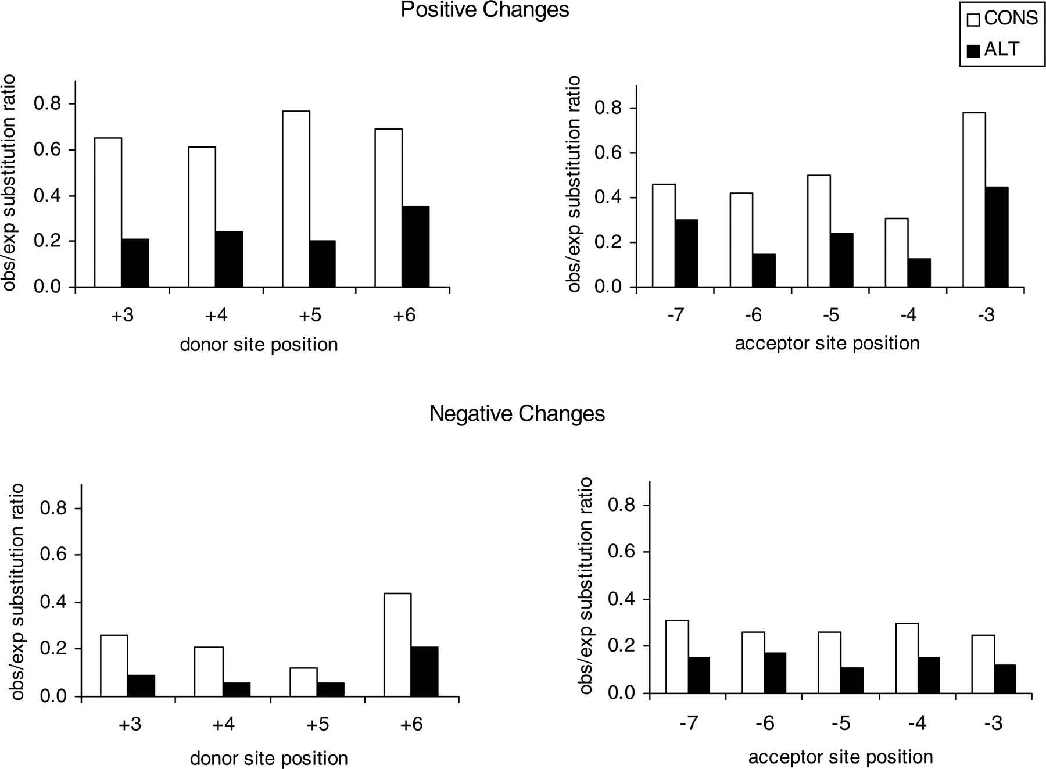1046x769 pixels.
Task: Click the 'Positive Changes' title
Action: [485, 10]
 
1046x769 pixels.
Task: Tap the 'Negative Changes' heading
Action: [517, 414]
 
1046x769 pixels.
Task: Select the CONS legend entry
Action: [1002, 19]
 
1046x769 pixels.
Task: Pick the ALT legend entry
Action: [993, 49]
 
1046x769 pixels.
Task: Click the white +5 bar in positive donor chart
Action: [296, 199]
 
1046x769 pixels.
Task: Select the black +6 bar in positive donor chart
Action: [415, 246]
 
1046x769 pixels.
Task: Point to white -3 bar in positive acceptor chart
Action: [974, 199]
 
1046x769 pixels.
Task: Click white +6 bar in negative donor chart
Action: [397, 645]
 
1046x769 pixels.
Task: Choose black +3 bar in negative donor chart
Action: [141, 685]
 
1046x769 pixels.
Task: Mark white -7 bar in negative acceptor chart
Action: [677, 657]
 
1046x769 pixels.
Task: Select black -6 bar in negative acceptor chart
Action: [775, 673]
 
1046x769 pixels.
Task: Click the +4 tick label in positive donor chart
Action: [216, 316]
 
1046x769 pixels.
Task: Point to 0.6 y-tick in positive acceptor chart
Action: [607, 153]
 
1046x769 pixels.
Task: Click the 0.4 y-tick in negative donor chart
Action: [53, 602]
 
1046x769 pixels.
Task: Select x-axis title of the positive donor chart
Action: [259, 345]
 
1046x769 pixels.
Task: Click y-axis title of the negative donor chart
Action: [18, 591]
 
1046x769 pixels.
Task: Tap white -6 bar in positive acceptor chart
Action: [741, 240]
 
